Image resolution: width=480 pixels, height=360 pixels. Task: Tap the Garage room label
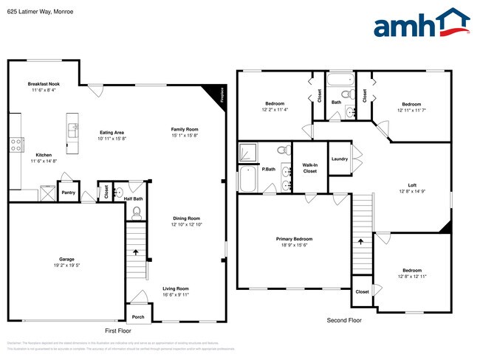click(x=67, y=259)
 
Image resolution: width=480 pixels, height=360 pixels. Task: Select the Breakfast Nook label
click(x=44, y=84)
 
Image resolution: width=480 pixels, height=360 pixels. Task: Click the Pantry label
click(x=68, y=193)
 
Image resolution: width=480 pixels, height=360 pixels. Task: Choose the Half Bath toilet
click(x=135, y=212)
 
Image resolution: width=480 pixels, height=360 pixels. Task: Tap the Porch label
click(x=138, y=316)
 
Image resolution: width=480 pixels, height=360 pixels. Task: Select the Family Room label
click(x=185, y=129)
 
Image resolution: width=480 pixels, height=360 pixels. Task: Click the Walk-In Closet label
click(x=309, y=167)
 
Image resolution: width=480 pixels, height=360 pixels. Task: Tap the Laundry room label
click(x=340, y=159)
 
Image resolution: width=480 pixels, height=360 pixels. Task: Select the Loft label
click(x=412, y=185)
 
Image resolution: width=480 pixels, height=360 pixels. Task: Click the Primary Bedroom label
click(x=294, y=239)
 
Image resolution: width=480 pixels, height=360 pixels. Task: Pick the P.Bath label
click(x=269, y=169)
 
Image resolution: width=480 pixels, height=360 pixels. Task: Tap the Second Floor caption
click(x=344, y=320)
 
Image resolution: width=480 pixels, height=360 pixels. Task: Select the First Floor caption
click(x=120, y=331)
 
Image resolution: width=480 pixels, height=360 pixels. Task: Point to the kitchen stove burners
click(x=14, y=145)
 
